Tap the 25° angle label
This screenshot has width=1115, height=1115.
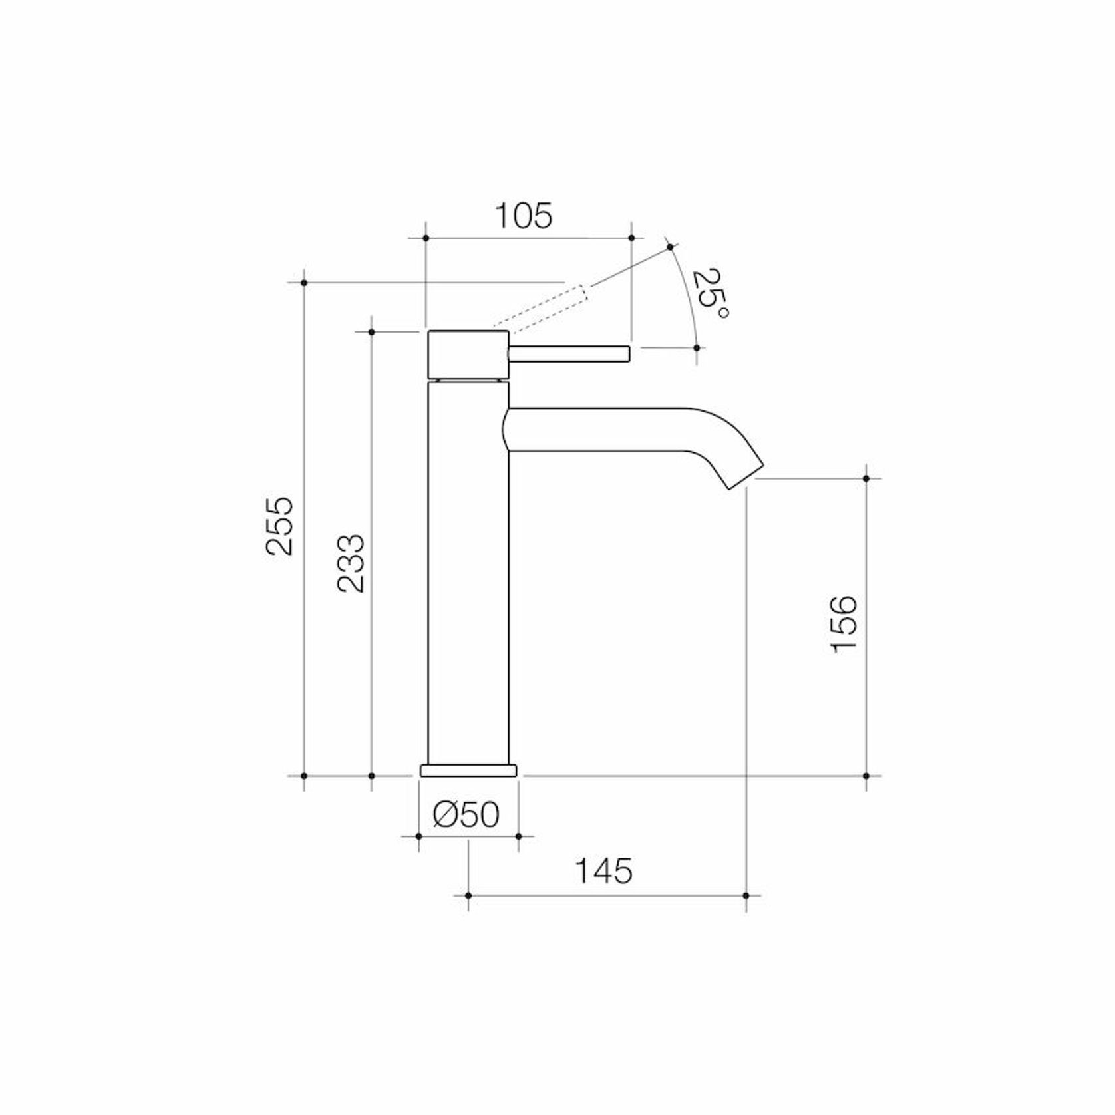tap(710, 293)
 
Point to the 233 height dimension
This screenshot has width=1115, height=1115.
tap(351, 563)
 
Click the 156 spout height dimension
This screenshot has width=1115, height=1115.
tap(845, 623)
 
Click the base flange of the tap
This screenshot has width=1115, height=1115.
tap(468, 770)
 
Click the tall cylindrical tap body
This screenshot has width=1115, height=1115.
tap(468, 572)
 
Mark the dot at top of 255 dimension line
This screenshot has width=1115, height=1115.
tap(304, 283)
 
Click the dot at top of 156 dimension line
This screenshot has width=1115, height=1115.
tap(866, 478)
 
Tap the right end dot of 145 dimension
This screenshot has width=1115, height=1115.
tap(746, 895)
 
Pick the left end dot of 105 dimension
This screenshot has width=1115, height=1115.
tap(425, 238)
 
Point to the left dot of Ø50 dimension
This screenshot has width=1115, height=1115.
tap(418, 836)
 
